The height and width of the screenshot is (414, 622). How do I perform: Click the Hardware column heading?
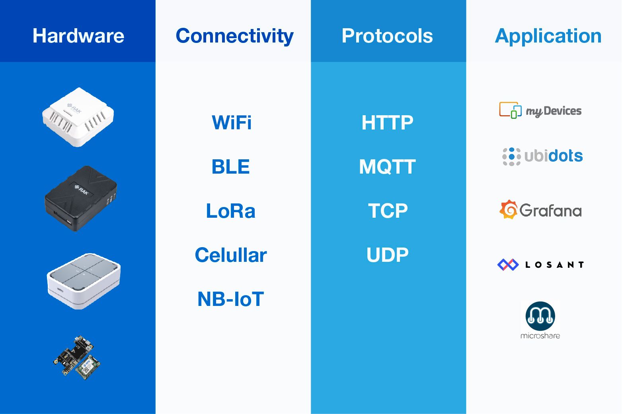pos(78,36)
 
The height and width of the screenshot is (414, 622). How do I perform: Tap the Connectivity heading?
pos(235,36)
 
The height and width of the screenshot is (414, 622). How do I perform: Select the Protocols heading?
pos(387,36)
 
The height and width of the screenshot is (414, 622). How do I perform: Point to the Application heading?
pos(548,36)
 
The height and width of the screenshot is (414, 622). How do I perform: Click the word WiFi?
pos(232,122)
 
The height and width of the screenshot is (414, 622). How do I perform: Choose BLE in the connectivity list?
pos(230,166)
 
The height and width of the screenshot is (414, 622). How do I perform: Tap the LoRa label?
pos(230,211)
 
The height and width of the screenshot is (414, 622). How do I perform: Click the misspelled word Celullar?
pos(231,255)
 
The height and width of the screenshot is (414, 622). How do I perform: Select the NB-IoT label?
pos(230,299)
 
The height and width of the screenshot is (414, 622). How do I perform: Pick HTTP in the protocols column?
pos(387,122)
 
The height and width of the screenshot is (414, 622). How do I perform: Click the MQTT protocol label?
pos(387,166)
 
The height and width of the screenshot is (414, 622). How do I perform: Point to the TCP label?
pos(388,211)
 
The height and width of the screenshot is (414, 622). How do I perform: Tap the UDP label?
pos(387,255)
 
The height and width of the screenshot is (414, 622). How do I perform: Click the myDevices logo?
pos(540,110)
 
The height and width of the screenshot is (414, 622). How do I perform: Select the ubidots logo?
pos(542,157)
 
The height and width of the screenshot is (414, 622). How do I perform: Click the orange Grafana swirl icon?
pos(509,209)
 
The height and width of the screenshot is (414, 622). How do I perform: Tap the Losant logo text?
pos(554,265)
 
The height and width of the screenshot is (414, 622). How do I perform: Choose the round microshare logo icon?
pos(540,316)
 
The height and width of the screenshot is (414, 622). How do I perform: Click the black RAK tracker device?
pos(81,198)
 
